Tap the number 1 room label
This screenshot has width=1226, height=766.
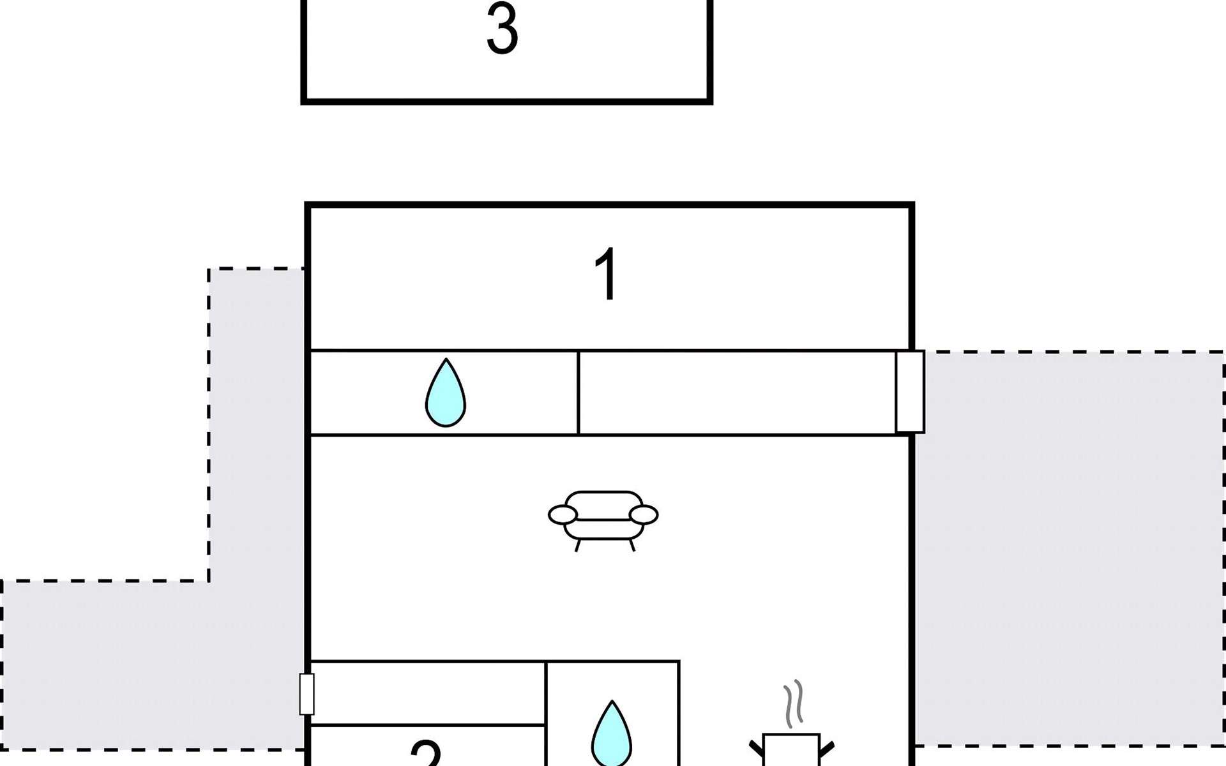tap(607, 274)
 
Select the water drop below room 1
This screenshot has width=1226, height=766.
tap(446, 394)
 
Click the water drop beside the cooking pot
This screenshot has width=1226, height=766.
tap(612, 734)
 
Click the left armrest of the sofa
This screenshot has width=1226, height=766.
tap(562, 514)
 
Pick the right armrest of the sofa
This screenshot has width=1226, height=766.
tap(644, 514)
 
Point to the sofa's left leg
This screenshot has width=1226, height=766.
tap(578, 545)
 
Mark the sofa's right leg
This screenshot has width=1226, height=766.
tap(632, 545)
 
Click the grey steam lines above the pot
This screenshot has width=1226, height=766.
tap(793, 703)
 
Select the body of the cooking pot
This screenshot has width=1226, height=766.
tap(792, 751)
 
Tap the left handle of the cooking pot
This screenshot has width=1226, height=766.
tap(756, 748)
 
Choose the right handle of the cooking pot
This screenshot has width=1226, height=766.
tap(827, 748)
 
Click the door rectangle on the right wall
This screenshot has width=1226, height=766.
tap(910, 391)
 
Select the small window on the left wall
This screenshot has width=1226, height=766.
tap(306, 694)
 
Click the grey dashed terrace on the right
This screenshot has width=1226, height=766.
tap(1070, 549)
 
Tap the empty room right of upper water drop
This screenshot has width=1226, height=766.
tap(738, 393)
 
